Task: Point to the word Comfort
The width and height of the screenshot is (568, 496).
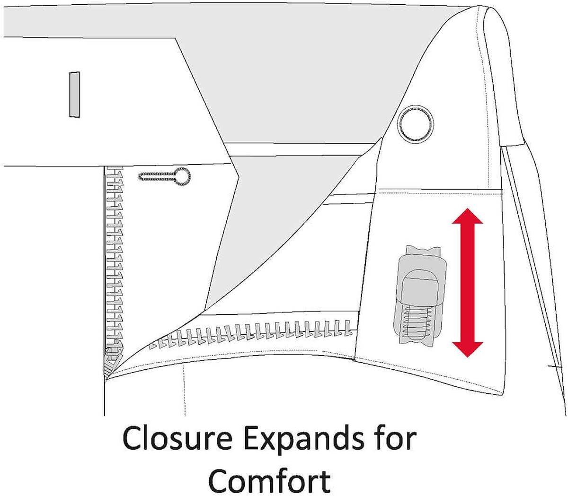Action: pyautogui.click(x=269, y=480)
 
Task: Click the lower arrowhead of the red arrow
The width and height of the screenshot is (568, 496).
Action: pyautogui.click(x=467, y=349)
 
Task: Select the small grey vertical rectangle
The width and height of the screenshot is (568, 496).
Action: pyautogui.click(x=74, y=94)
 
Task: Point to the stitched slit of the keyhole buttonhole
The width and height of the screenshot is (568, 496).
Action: pyautogui.click(x=156, y=177)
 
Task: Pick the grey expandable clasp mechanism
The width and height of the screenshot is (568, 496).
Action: pyautogui.click(x=417, y=296)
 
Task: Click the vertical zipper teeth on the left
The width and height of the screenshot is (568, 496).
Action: pyautogui.click(x=114, y=255)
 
